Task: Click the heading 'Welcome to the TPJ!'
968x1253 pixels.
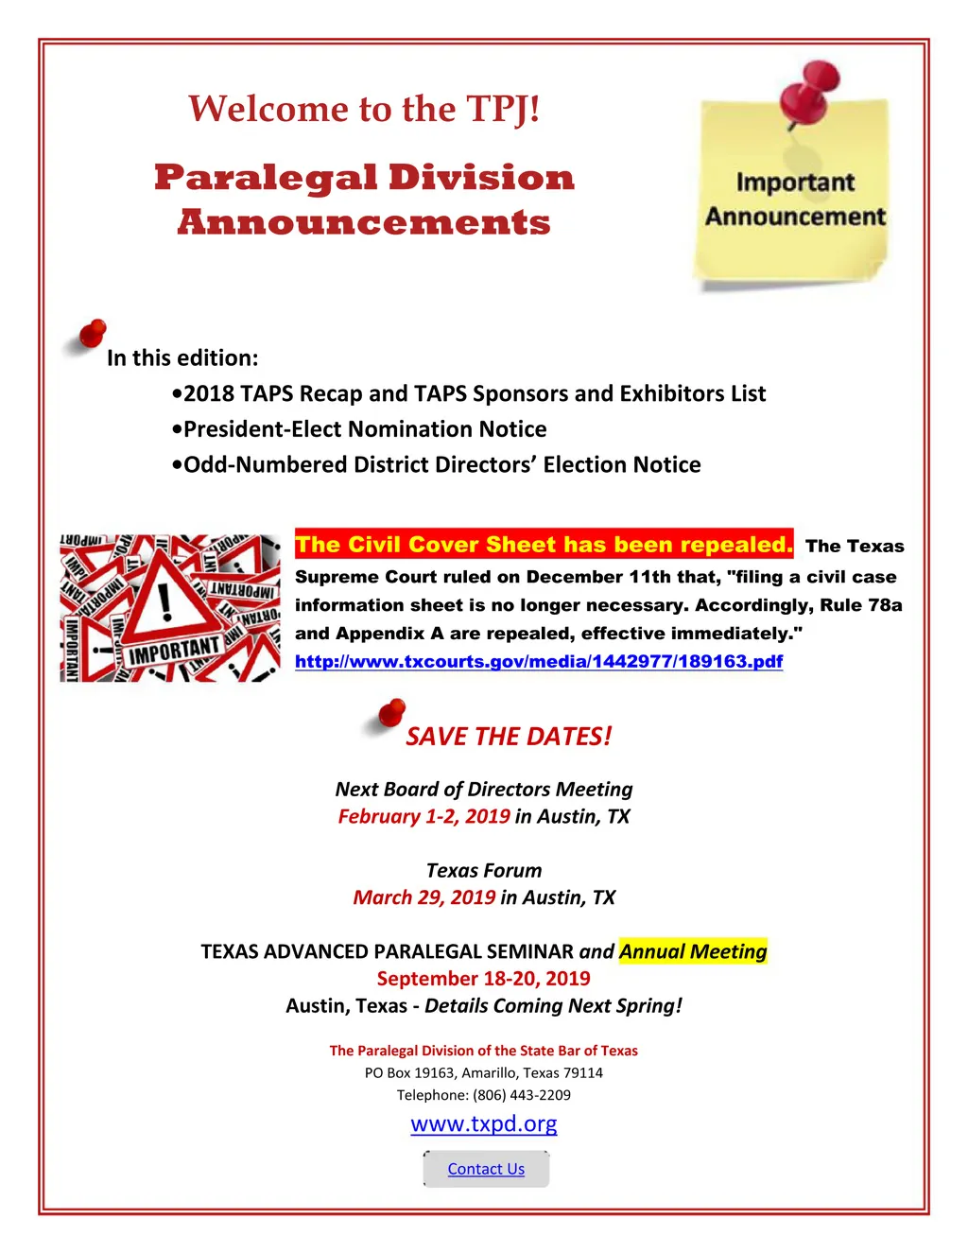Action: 364,109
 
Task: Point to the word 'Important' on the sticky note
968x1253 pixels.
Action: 795,182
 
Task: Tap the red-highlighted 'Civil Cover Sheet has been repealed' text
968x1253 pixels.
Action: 544,545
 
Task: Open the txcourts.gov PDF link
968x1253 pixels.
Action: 539,661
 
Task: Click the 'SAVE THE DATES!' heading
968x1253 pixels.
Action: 509,737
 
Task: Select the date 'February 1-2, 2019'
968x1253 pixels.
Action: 423,816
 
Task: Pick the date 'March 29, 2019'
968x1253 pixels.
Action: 423,897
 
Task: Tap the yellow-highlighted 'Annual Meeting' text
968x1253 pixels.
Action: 693,951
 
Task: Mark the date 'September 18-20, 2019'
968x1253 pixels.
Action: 483,979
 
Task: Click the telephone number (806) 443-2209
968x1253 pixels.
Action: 522,1095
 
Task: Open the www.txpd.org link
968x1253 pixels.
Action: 483,1123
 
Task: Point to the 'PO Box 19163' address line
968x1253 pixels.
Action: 483,1072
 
